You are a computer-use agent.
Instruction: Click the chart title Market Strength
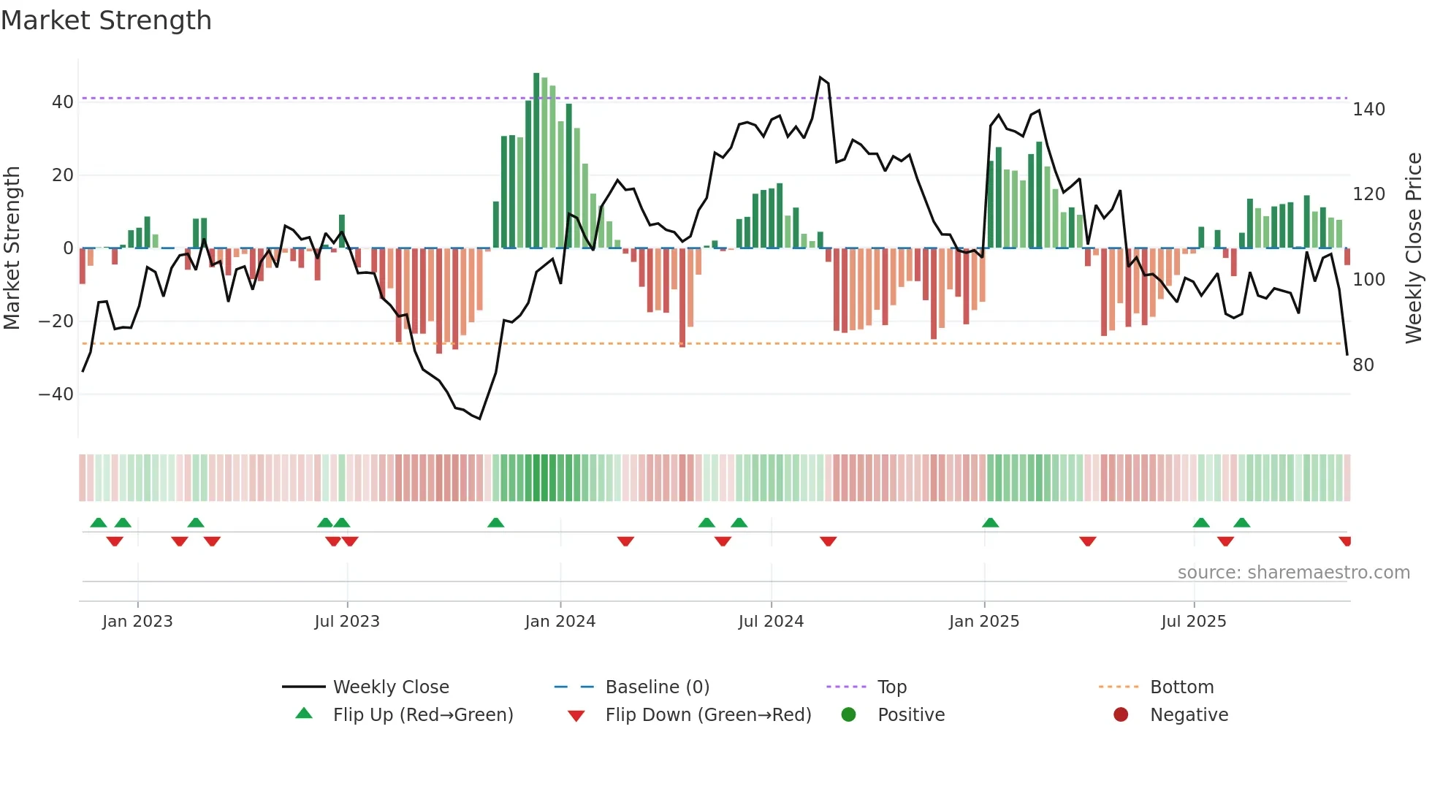[106, 20]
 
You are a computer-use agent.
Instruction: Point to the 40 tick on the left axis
[63, 102]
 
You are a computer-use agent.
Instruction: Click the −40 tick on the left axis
[56, 394]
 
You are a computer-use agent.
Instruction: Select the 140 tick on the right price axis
[1368, 110]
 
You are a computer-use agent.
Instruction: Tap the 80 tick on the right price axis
[1363, 365]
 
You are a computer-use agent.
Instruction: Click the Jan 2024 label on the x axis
[560, 622]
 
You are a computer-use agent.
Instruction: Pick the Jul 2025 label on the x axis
[1193, 622]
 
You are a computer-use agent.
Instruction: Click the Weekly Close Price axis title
[1414, 248]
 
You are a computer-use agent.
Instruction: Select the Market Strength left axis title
[12, 248]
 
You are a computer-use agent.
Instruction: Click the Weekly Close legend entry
[391, 687]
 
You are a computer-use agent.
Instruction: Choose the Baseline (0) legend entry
[657, 687]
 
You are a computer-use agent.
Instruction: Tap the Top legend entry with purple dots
[891, 687]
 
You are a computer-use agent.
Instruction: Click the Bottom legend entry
[1181, 687]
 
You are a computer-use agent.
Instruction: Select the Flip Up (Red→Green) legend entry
[422, 715]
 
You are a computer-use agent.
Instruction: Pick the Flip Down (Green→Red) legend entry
[707, 715]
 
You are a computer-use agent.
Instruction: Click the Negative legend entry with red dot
[1188, 715]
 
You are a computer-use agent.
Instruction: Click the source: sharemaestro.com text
[1293, 573]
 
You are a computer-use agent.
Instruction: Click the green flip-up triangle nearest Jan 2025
[990, 523]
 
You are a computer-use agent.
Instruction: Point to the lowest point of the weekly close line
[479, 419]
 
